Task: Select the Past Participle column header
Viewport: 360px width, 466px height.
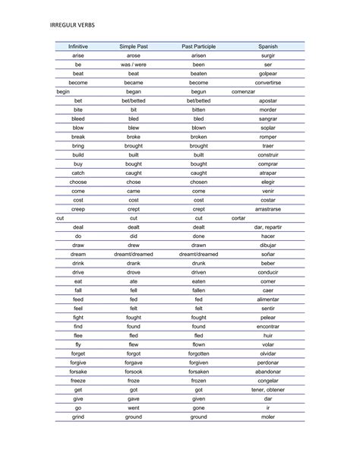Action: coord(199,46)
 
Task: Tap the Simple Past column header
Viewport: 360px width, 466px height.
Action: coord(134,46)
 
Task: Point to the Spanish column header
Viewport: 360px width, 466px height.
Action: coord(267,46)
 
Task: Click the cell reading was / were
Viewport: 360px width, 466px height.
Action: coord(134,65)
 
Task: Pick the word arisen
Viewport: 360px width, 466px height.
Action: coord(199,55)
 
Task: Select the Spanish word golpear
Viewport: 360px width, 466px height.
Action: coord(267,73)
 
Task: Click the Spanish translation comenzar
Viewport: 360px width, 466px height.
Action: coord(243,91)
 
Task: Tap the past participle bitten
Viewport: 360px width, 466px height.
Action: coord(199,109)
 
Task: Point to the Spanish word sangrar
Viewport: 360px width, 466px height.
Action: coord(267,119)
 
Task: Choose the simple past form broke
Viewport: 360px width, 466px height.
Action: coord(134,137)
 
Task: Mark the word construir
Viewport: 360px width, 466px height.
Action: coord(267,154)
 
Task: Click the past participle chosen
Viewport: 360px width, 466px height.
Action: coord(199,182)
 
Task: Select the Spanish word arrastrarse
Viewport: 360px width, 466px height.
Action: coord(267,208)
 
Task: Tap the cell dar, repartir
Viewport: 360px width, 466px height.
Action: coord(267,227)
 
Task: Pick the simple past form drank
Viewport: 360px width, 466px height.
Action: coord(134,263)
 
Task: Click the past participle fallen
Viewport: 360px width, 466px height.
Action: coord(199,290)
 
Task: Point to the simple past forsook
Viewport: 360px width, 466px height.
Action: coord(134,371)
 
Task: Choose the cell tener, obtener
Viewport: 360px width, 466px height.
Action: coord(267,389)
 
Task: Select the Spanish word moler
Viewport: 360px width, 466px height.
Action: coord(267,417)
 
